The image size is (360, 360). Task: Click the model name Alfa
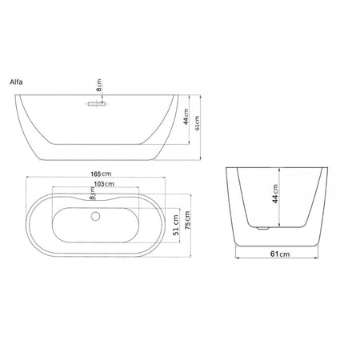point(16,82)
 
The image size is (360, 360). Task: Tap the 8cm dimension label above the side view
point(99,85)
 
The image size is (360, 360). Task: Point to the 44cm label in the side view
point(186,116)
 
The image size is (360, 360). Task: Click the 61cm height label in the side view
point(198,123)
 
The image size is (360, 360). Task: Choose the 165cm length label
point(101,174)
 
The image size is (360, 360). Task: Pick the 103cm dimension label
point(104,184)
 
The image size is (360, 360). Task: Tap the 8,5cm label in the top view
point(92,193)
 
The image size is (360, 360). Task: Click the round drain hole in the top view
point(95,216)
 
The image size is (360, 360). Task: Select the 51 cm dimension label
point(176,225)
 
